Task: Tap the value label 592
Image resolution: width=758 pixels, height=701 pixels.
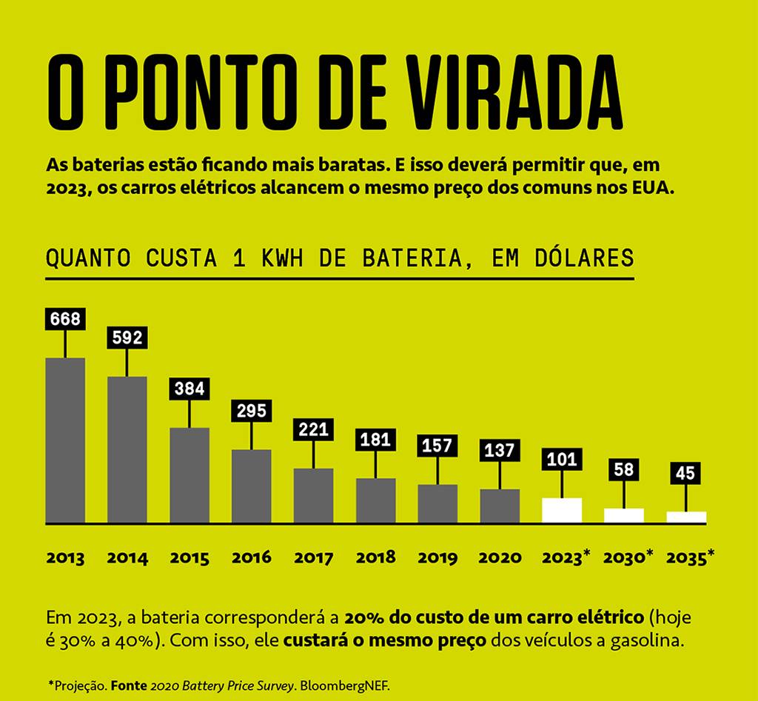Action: pos(127,338)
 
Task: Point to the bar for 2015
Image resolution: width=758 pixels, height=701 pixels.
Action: pos(189,475)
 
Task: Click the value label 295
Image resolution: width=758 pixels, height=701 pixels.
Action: pos(252,410)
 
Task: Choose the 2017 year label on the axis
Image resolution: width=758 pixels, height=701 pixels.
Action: pos(313,558)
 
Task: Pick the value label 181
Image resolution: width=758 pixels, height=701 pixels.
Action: pos(375,440)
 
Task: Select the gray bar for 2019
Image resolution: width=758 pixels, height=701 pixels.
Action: pos(437,504)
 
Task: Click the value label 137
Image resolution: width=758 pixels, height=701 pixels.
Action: pos(500,450)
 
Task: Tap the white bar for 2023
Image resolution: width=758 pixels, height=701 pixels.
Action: pos(562,511)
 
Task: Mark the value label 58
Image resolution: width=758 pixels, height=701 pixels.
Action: pos(624,469)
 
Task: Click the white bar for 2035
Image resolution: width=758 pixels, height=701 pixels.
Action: pos(686,517)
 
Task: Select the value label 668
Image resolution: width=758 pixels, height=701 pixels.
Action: pos(65,319)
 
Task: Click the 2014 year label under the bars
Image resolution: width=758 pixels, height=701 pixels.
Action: pos(127,558)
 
